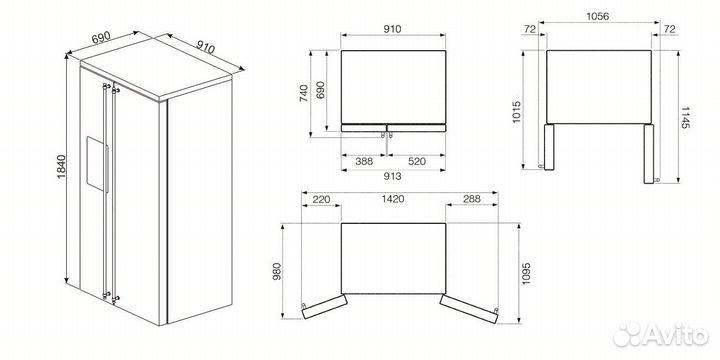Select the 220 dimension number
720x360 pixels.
tap(321, 200)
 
